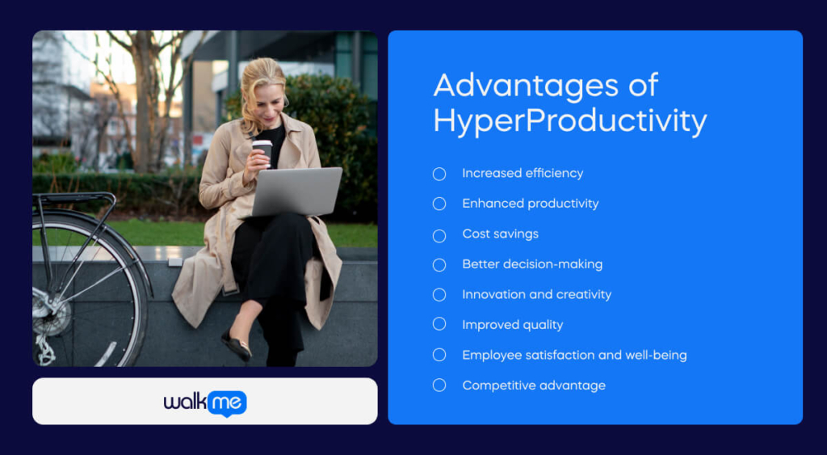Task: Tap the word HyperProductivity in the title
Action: click(569, 121)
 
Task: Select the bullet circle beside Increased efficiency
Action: click(439, 174)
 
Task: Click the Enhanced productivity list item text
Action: click(530, 204)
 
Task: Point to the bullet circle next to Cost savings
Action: click(439, 234)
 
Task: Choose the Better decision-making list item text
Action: click(531, 264)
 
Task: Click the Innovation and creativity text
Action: click(536, 294)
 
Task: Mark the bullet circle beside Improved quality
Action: click(439, 325)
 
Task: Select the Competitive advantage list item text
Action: click(533, 385)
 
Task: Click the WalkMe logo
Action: click(205, 402)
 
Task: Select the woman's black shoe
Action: click(237, 345)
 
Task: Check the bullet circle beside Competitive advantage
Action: click(439, 385)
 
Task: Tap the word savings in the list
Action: click(517, 234)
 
